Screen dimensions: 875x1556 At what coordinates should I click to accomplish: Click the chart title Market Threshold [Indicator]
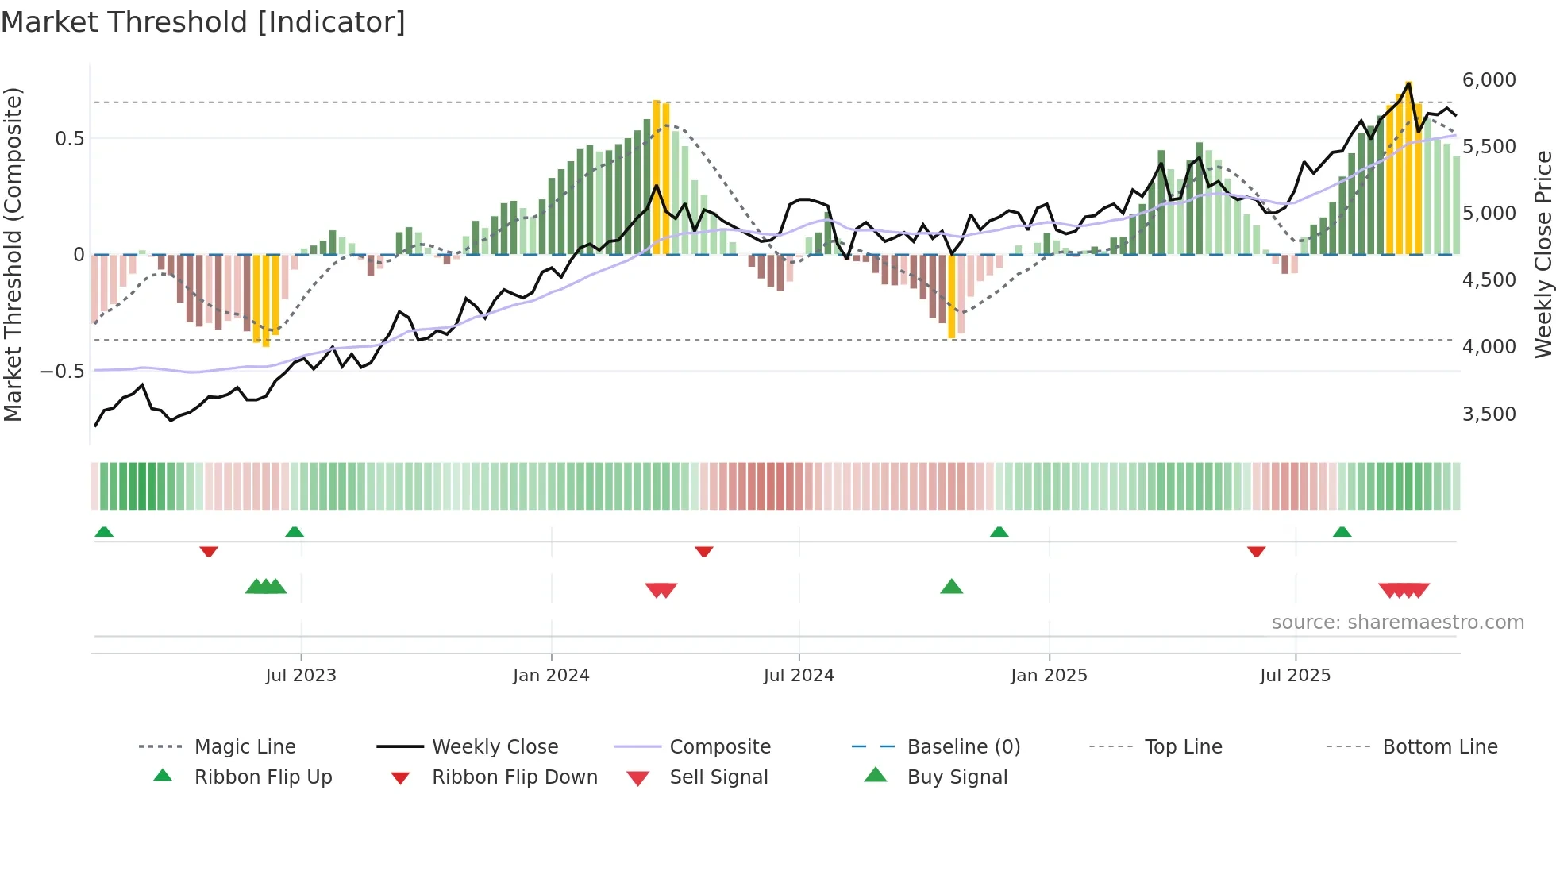coord(203,22)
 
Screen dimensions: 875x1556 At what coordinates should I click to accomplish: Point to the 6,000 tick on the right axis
coord(1489,80)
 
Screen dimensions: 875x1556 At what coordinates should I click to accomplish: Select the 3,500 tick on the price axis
coord(1489,414)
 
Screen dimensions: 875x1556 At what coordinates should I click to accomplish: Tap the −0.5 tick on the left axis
coord(62,372)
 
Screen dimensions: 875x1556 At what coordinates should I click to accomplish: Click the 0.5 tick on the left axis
coord(69,139)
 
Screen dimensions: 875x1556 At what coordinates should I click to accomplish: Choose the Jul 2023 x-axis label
coord(301,676)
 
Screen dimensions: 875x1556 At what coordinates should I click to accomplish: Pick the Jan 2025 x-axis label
coord(1049,676)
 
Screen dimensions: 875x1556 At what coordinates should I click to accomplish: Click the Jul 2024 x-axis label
coord(799,676)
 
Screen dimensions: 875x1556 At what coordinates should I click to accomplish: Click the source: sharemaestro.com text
coord(1397,623)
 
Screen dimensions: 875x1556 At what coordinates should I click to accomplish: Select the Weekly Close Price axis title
coord(1543,254)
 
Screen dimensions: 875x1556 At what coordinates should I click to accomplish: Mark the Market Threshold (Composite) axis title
coord(13,254)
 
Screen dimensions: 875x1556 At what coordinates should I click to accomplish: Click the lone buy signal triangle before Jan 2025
coord(951,588)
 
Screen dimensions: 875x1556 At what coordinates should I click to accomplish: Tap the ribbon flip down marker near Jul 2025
coord(1256,551)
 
